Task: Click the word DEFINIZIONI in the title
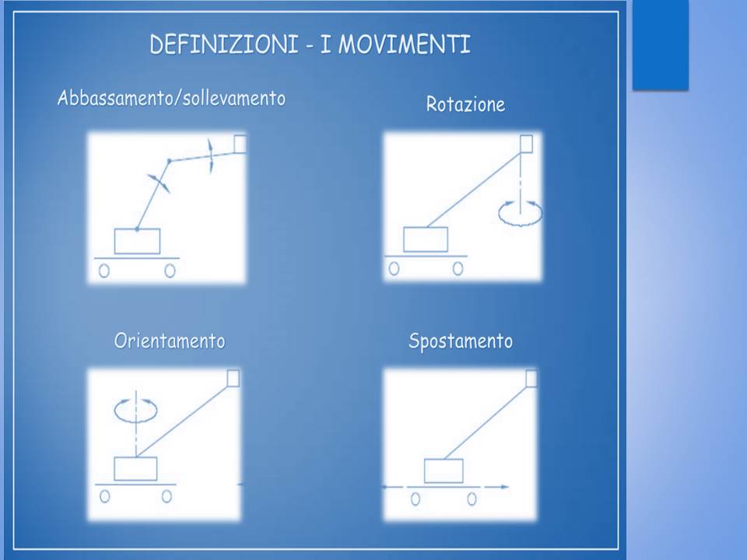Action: coord(224,44)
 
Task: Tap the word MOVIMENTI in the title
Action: coord(404,44)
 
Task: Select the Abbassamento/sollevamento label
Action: coord(171,98)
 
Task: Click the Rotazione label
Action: coord(465,104)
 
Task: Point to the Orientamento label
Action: coord(170,341)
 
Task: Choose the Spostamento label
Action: coord(461,341)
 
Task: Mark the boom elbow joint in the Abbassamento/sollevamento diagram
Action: coord(169,161)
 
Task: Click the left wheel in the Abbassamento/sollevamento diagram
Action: coord(103,271)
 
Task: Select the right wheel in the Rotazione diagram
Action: coord(458,269)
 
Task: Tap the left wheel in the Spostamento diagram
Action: coord(416,499)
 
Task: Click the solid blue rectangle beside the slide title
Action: coord(661,44)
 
